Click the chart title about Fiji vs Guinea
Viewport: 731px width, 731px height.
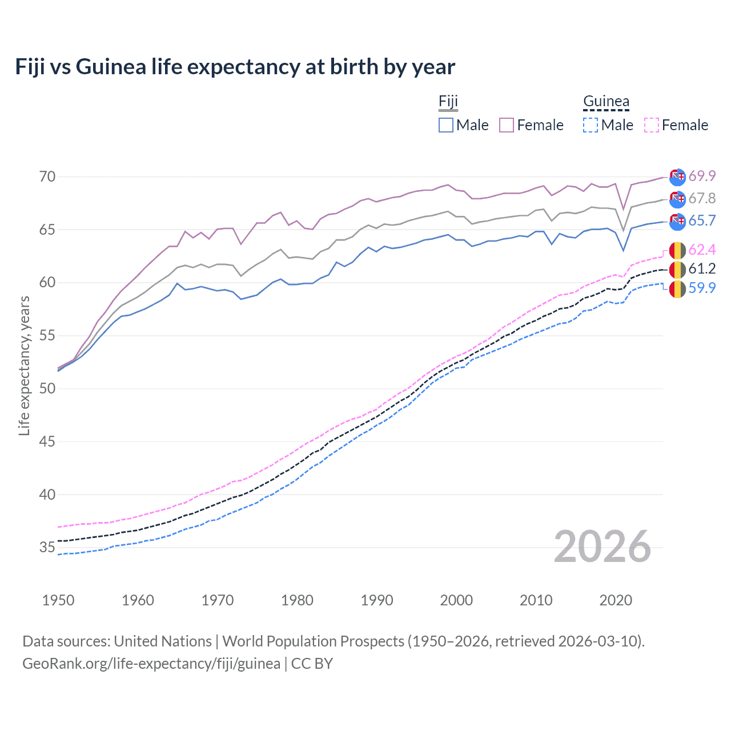235,67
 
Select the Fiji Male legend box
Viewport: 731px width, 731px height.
446,125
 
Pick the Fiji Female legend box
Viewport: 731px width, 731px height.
507,125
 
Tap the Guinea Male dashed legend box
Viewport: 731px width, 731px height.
591,125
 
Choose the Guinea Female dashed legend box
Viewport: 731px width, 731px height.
652,125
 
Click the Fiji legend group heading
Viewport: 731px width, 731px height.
448,102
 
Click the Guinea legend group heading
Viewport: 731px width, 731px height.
606,102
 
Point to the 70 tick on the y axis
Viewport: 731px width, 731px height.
47,176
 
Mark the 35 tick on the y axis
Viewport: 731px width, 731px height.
47,548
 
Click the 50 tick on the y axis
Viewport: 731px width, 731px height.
47,388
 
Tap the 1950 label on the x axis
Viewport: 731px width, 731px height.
58,600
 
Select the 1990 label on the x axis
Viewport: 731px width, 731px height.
377,600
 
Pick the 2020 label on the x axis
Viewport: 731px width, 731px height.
616,600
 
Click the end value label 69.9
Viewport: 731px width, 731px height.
702,176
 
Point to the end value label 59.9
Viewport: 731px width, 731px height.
702,288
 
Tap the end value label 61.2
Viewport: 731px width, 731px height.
702,269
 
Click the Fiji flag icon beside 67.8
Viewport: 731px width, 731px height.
677,199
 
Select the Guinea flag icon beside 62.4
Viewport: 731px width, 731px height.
677,250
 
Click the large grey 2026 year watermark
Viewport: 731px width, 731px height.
603,547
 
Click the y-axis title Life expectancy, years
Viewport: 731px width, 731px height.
24,365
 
